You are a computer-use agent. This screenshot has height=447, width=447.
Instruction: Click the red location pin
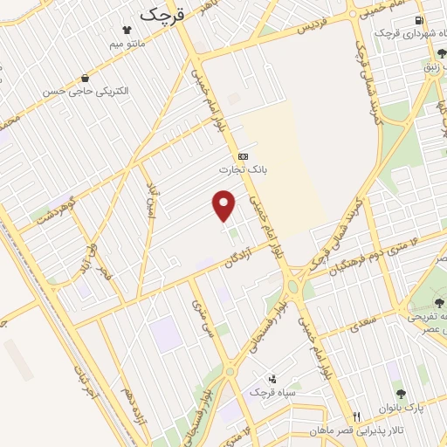point(225,205)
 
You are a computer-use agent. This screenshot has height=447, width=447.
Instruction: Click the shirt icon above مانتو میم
point(129,28)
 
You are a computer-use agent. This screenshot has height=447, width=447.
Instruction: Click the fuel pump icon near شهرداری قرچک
point(421,19)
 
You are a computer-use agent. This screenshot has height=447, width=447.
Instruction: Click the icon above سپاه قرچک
point(273,379)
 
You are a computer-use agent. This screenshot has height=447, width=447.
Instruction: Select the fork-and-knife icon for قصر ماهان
point(356,416)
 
